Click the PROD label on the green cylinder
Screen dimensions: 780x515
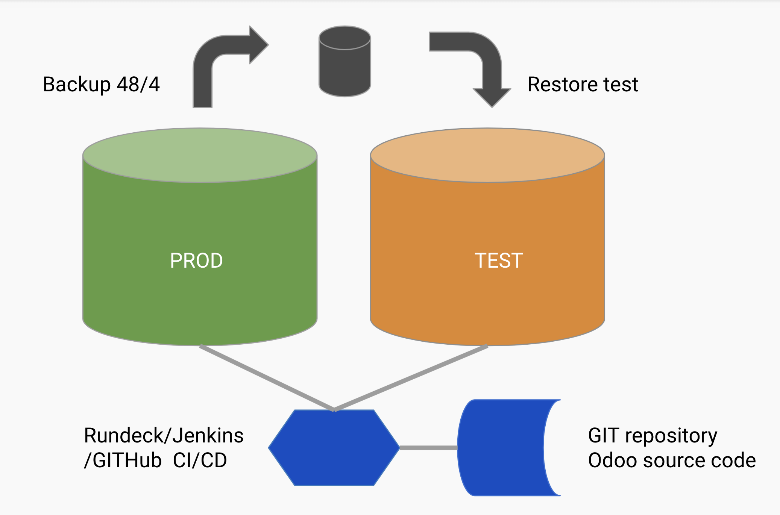196,261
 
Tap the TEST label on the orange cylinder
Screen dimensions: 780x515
499,261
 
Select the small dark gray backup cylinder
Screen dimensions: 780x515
345,61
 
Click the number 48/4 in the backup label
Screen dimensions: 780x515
138,84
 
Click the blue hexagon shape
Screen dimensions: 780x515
334,448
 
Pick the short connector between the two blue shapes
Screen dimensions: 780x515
429,448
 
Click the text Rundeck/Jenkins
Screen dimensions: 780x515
164,436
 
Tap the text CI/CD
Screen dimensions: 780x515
200,460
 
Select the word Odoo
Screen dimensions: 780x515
612,460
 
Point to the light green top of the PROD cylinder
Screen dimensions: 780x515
200,155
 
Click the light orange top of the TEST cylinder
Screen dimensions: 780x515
487,155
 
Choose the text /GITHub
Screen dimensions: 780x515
123,460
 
